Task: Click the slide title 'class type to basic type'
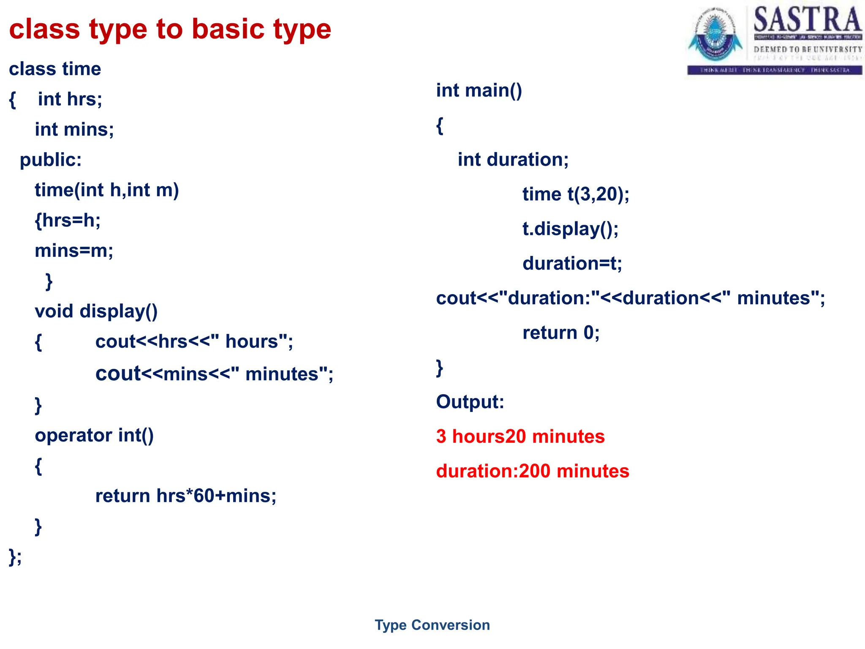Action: point(170,29)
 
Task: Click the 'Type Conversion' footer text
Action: point(432,625)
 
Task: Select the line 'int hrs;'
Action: point(70,99)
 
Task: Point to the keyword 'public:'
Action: point(51,160)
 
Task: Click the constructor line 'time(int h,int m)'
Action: point(106,190)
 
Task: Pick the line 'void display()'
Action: point(96,311)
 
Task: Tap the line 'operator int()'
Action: point(94,436)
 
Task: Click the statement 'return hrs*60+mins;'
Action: point(185,496)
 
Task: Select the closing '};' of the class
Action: point(15,556)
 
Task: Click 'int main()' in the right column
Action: point(479,90)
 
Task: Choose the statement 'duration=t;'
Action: point(572,264)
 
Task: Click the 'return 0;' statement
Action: point(560,333)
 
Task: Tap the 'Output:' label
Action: point(470,402)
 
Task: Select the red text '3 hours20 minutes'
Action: point(520,436)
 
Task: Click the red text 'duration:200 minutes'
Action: point(532,471)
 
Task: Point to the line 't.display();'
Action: point(570,229)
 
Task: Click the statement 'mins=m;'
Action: point(74,251)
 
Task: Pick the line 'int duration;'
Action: point(513,160)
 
